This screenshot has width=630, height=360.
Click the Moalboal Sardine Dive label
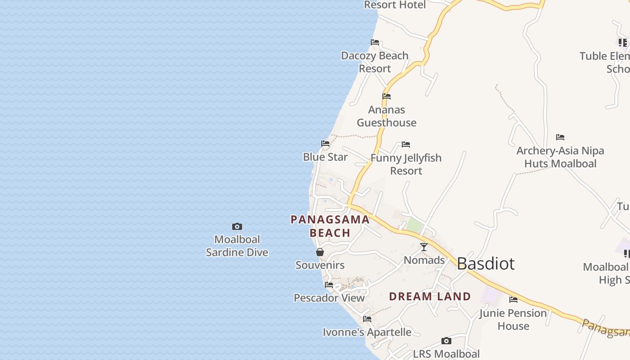click(x=237, y=246)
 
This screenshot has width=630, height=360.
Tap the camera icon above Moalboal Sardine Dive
click(x=237, y=226)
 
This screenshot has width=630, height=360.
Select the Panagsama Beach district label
click(x=330, y=226)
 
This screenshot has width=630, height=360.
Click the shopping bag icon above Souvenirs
click(x=320, y=252)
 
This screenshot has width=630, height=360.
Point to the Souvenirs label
click(x=320, y=265)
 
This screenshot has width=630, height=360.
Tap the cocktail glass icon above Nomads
click(x=424, y=247)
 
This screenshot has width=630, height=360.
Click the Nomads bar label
click(x=424, y=260)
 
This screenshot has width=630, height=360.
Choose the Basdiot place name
click(x=486, y=263)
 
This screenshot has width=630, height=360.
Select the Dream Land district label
click(x=430, y=296)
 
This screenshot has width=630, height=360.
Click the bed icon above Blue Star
click(x=325, y=144)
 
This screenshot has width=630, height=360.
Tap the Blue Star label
click(x=325, y=157)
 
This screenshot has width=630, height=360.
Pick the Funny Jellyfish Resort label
click(x=406, y=164)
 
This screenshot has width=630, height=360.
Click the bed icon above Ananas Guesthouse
click(x=387, y=96)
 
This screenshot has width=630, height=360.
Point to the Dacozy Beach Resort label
click(x=375, y=62)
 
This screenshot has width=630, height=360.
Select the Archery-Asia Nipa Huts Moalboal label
click(x=560, y=157)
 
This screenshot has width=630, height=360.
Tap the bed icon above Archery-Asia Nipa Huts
click(x=560, y=137)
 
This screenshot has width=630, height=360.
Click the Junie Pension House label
click(x=513, y=319)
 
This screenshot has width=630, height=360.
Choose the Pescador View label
click(x=329, y=298)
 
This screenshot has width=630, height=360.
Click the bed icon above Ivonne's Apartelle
click(x=367, y=319)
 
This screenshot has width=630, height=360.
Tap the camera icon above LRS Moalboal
click(x=446, y=341)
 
